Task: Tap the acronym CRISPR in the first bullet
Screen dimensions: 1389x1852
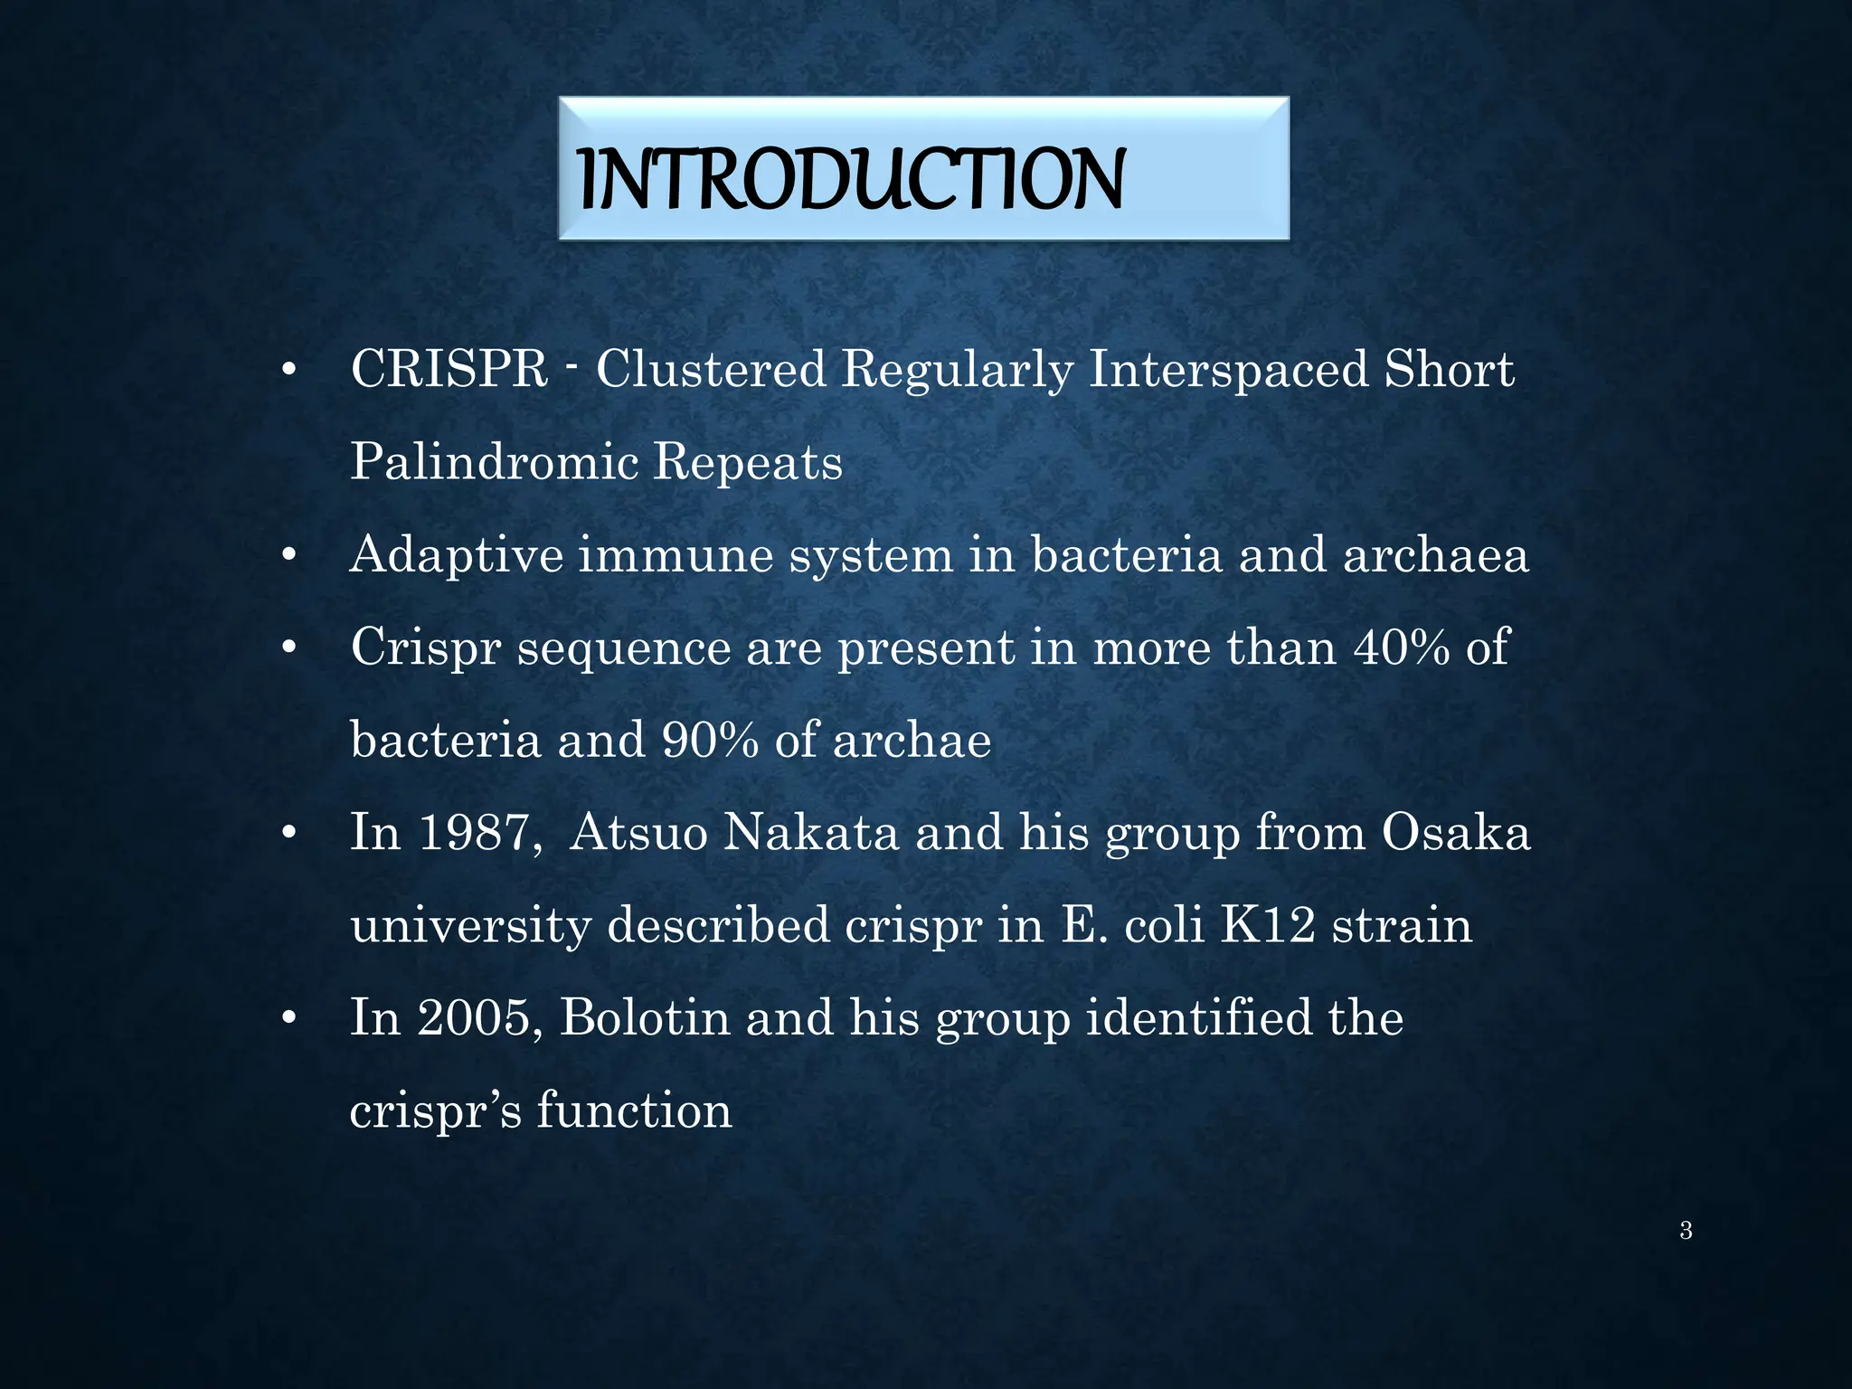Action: coord(449,370)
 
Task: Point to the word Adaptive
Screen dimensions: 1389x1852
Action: coord(457,554)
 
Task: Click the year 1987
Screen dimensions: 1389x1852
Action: coord(474,832)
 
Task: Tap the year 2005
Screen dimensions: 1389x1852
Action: coord(474,1017)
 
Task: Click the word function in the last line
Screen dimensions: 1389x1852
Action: coord(634,1110)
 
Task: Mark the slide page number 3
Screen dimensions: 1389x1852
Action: coord(1686,1231)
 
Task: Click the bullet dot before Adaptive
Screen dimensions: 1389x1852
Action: coord(288,556)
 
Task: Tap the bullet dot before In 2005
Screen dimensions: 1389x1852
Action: coord(288,1019)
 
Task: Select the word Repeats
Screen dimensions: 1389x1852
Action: coord(747,462)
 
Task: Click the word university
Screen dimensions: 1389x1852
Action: coord(470,925)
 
